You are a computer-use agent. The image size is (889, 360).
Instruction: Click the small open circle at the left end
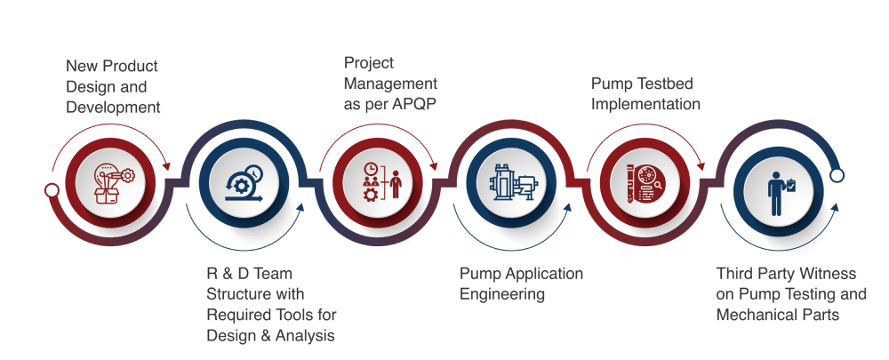coord(52,189)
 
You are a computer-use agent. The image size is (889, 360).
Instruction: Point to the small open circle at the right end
coord(837,176)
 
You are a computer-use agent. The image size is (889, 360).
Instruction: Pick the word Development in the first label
coord(113,108)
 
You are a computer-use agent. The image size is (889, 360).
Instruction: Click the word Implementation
coord(645,104)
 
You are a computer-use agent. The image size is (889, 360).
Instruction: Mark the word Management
coord(390,84)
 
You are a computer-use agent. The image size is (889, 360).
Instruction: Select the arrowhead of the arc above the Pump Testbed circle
coord(701,165)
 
